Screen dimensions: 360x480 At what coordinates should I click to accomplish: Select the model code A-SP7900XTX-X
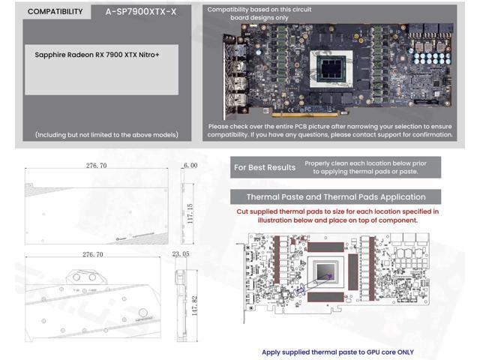pyautogui.click(x=136, y=12)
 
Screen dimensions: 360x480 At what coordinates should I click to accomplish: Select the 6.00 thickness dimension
pyautogui.click(x=190, y=165)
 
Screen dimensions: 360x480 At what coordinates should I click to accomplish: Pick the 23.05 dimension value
pyautogui.click(x=181, y=254)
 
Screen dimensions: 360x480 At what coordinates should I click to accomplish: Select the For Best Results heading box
pyautogui.click(x=264, y=167)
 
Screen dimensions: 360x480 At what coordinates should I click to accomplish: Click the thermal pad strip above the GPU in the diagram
pyautogui.click(x=328, y=246)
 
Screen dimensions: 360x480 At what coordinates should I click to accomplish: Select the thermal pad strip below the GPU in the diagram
pyautogui.click(x=328, y=297)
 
